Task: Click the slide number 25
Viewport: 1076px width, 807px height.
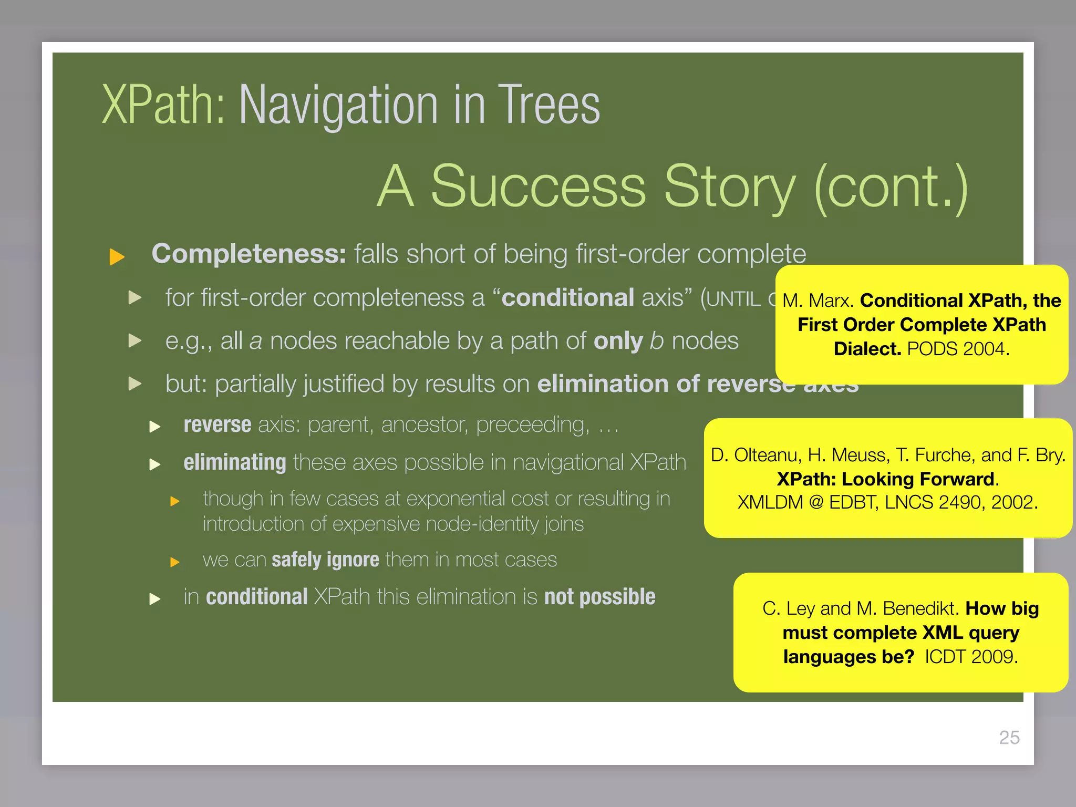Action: [x=1009, y=738]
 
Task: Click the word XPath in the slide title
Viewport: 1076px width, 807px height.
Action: [x=163, y=106]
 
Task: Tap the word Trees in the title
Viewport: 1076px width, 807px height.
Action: [x=549, y=106]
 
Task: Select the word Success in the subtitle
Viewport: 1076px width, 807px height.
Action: [x=538, y=187]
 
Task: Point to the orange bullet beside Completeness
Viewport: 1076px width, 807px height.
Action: [x=117, y=257]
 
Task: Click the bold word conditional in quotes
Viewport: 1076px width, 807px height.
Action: [x=568, y=298]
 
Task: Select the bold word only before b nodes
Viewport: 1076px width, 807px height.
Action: [x=618, y=342]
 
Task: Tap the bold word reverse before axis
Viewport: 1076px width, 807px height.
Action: [x=218, y=425]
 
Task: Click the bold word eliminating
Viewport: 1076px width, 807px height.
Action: [x=235, y=463]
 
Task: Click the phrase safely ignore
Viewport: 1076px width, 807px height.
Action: [x=325, y=560]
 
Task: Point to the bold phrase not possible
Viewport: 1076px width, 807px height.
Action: [x=599, y=597]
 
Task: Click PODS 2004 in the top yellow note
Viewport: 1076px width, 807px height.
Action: [x=958, y=349]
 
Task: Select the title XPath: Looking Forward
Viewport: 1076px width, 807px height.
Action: [x=886, y=479]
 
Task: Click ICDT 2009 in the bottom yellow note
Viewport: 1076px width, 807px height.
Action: [x=971, y=657]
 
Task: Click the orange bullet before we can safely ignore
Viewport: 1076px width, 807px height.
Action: [x=175, y=562]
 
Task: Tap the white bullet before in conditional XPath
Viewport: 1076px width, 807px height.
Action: [x=154, y=599]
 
